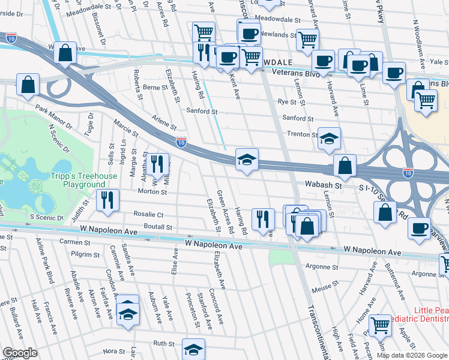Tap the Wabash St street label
click(x=322, y=186)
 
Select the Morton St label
click(x=152, y=192)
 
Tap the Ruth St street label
click(x=163, y=344)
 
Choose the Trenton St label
click(x=301, y=135)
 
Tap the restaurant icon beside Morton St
click(x=157, y=163)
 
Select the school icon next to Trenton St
click(x=329, y=139)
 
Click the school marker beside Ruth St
click(x=193, y=349)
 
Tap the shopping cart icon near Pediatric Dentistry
click(x=380, y=325)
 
